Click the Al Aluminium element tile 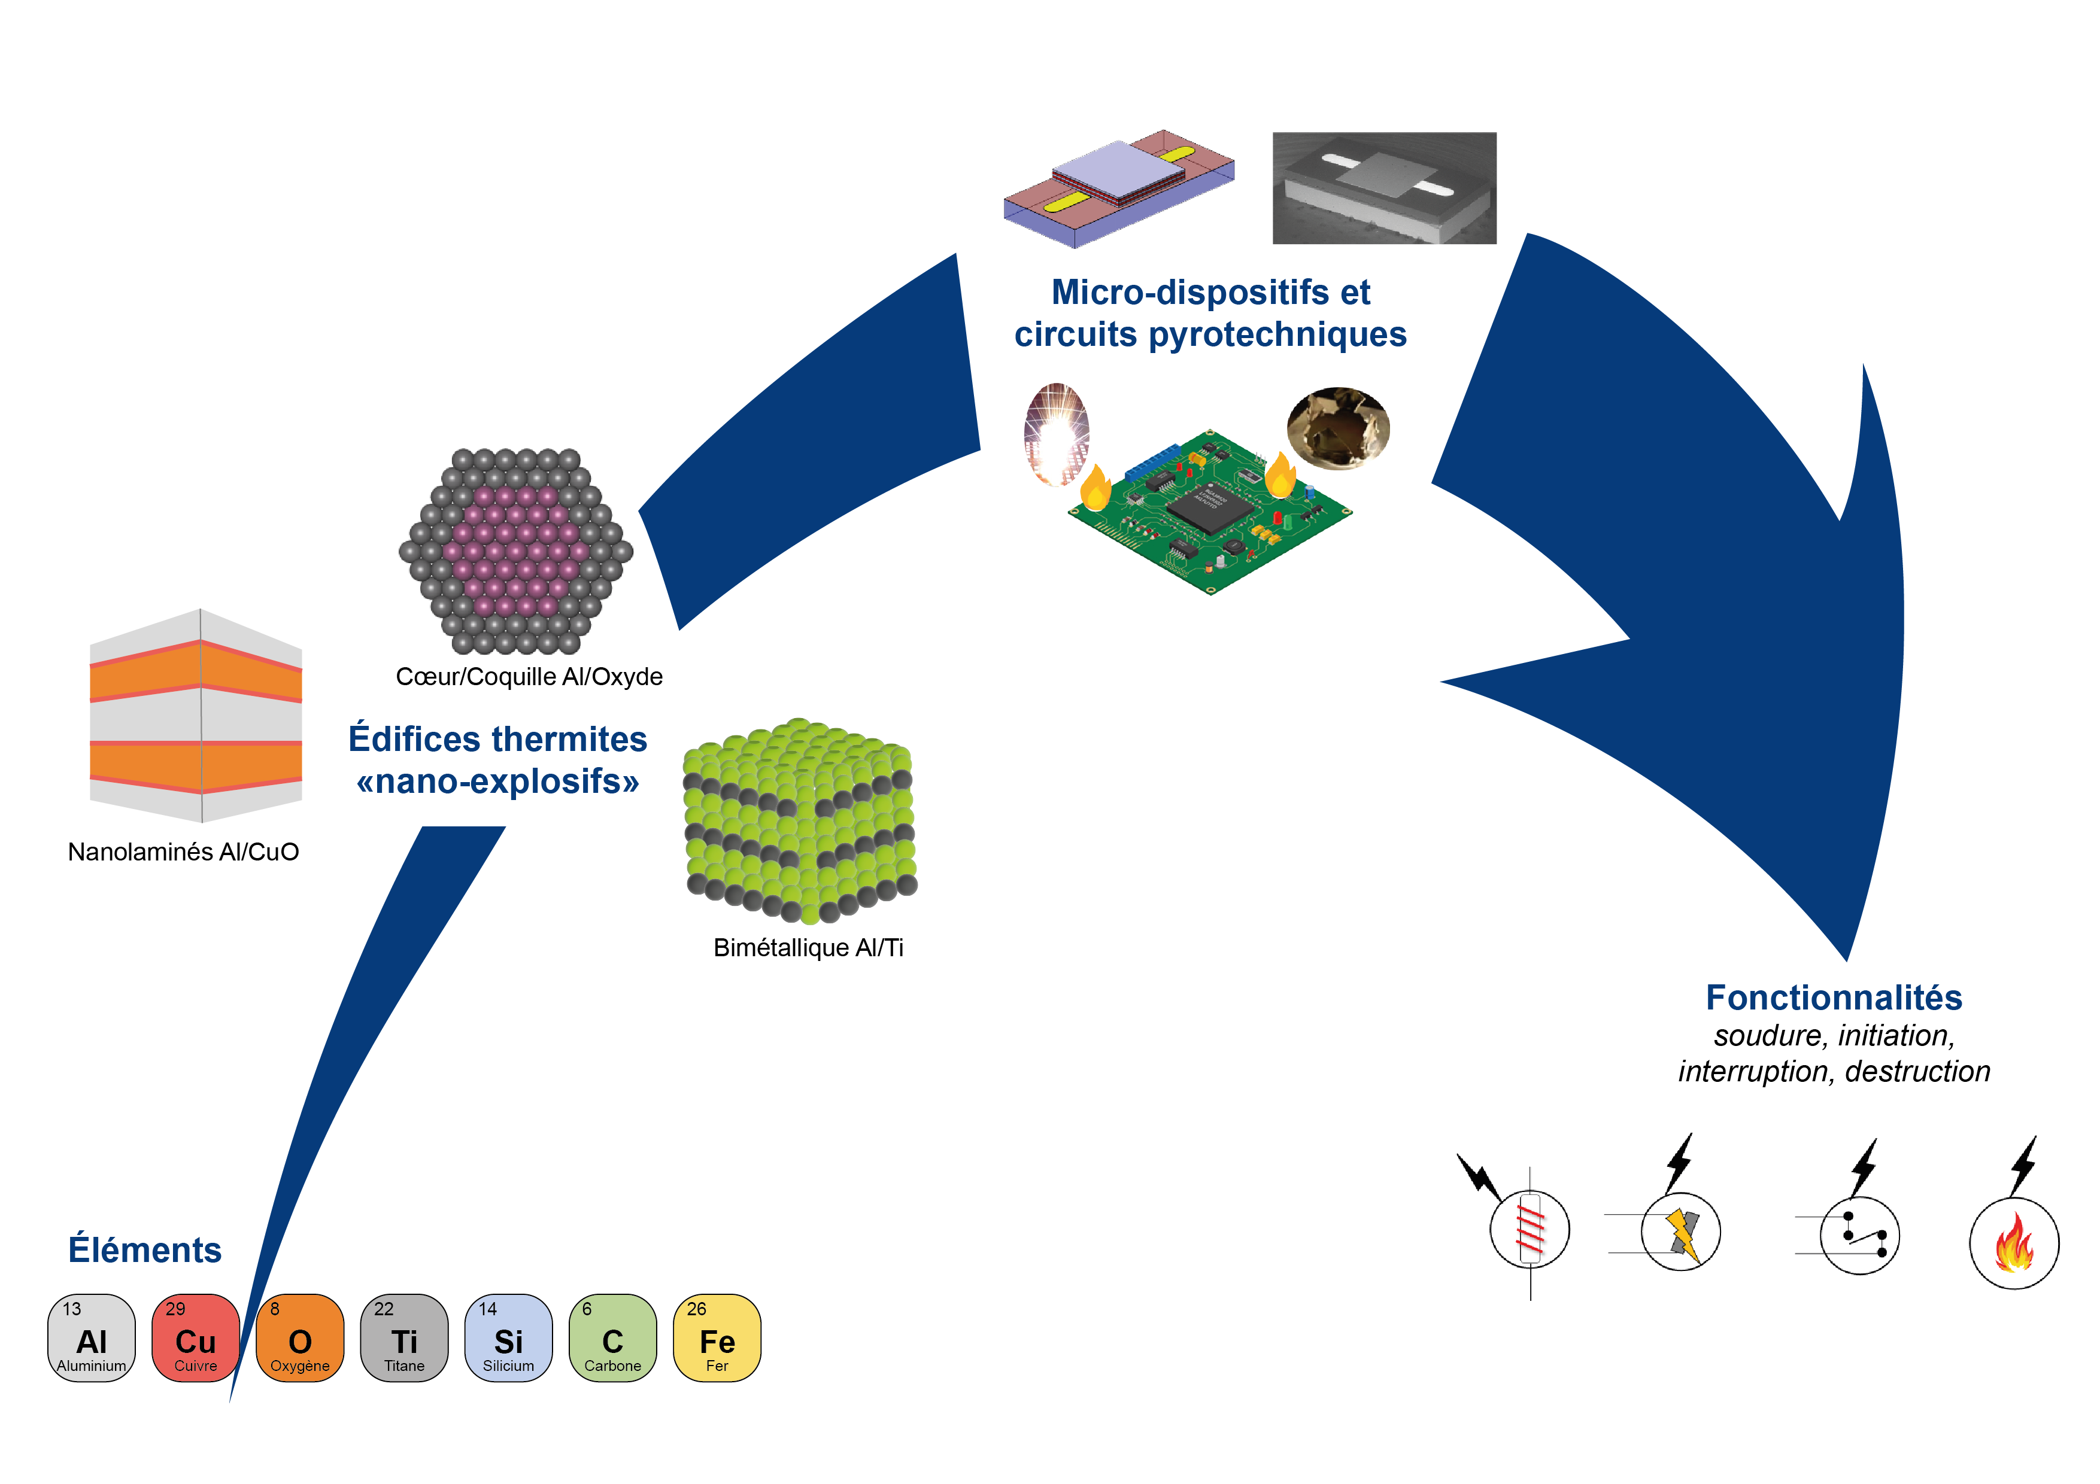pyautogui.click(x=92, y=1338)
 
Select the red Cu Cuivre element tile pyautogui.click(x=195, y=1338)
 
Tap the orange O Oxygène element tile pyautogui.click(x=300, y=1338)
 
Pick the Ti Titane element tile pyautogui.click(x=404, y=1338)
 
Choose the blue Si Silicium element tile pyautogui.click(x=508, y=1338)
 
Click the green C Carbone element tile pyautogui.click(x=613, y=1338)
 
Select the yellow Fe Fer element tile pyautogui.click(x=717, y=1338)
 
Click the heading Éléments pyautogui.click(x=144, y=1250)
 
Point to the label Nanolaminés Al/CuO pyautogui.click(x=183, y=852)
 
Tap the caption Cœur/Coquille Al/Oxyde pyautogui.click(x=529, y=677)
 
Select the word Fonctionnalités pyautogui.click(x=1834, y=998)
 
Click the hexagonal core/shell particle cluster pyautogui.click(x=516, y=551)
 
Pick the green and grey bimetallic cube pyautogui.click(x=800, y=820)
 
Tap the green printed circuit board pyautogui.click(x=1209, y=512)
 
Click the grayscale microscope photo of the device pyautogui.click(x=1384, y=188)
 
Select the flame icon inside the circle pyautogui.click(x=2014, y=1243)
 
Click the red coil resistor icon pyautogui.click(x=1530, y=1230)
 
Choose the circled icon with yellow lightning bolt pyautogui.click(x=1681, y=1233)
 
